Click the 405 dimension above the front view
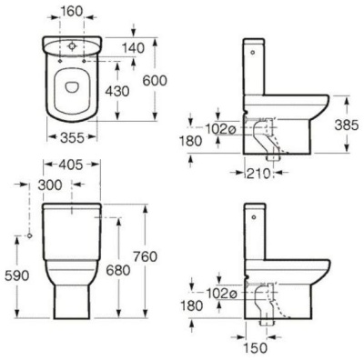pos(69,167)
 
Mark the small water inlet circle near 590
pos(30,235)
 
